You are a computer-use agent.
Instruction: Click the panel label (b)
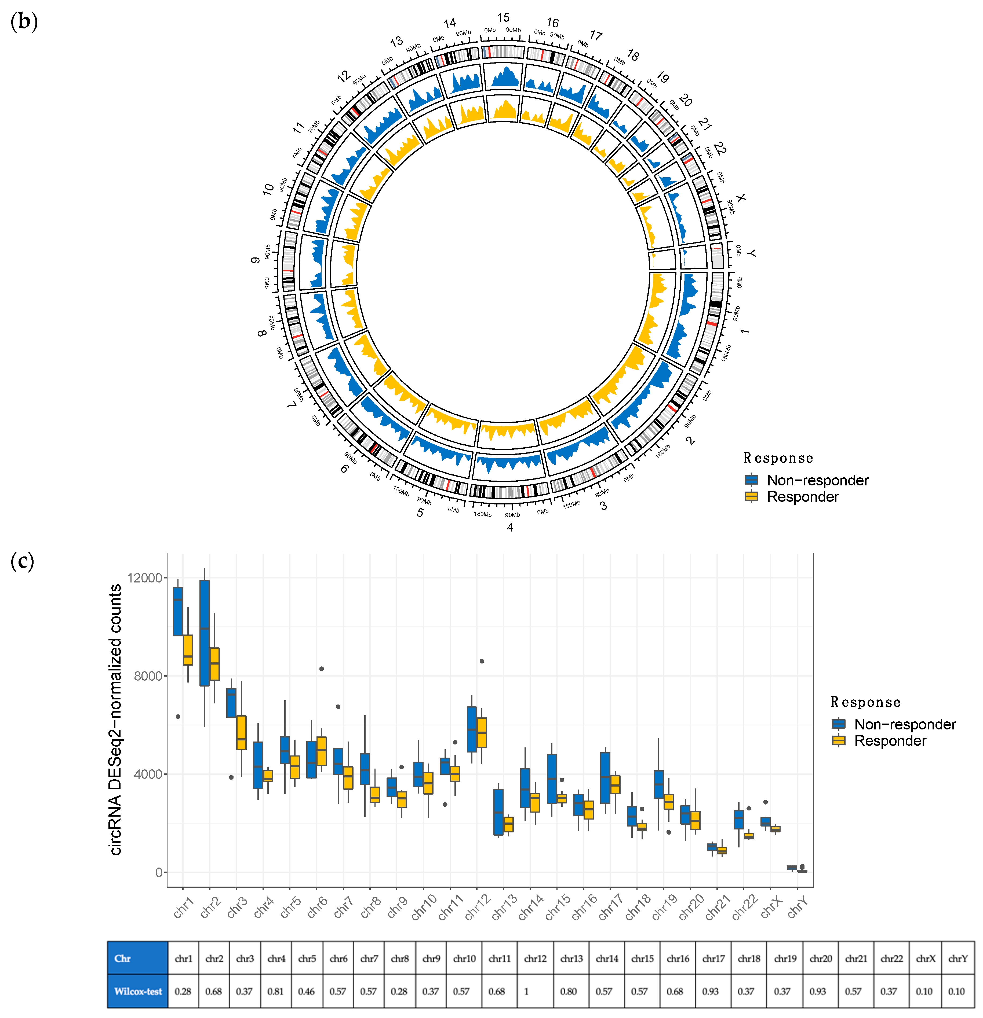coord(24,22)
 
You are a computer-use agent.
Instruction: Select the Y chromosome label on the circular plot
coord(751,253)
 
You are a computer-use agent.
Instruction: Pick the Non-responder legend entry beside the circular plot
coord(817,480)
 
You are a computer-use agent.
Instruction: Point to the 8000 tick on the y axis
coord(148,676)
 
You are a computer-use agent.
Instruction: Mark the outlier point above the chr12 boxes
coord(482,661)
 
